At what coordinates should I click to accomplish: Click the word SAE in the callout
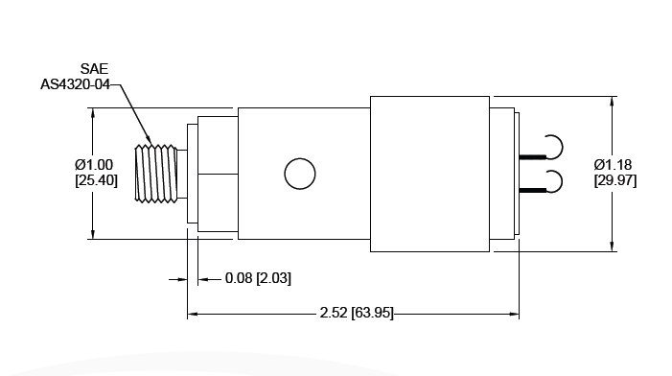94,70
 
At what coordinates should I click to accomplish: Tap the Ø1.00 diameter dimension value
95,165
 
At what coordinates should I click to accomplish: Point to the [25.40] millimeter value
95,180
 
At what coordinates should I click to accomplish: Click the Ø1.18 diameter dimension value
614,165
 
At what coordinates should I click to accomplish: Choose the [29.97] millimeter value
614,180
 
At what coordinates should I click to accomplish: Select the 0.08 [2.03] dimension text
257,278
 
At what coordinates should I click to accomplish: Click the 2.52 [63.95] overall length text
356,313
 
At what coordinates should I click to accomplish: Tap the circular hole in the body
299,174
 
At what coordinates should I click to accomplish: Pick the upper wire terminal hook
551,147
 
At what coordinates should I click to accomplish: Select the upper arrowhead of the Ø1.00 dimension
93,113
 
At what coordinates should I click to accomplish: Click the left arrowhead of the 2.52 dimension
193,313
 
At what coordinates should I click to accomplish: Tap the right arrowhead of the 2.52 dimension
514,313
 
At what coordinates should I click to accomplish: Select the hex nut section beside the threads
216,174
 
